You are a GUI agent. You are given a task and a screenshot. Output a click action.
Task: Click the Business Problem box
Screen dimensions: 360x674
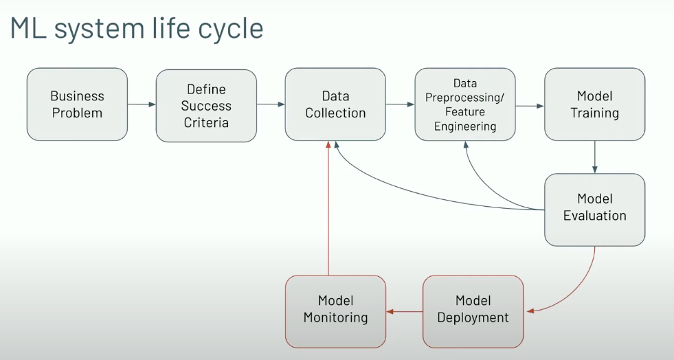[x=77, y=104]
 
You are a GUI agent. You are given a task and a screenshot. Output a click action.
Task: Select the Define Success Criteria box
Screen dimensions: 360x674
[x=206, y=106]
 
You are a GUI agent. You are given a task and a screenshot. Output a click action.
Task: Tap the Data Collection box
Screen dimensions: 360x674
[x=335, y=104]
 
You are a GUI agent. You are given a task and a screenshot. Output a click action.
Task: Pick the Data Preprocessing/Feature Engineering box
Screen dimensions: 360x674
[x=465, y=104]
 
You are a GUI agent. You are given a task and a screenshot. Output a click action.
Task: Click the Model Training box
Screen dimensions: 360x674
[x=594, y=104]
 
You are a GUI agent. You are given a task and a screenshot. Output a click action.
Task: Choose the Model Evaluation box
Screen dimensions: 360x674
[x=594, y=209]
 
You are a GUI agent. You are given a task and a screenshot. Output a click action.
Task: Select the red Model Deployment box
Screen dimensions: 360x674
[x=473, y=311]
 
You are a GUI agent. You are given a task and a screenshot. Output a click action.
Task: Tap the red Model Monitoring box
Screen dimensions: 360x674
[x=335, y=311]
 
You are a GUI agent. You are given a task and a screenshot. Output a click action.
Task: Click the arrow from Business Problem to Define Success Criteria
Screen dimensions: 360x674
[x=142, y=104]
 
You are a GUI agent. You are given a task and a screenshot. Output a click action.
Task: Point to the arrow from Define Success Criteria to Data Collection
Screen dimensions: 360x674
[x=271, y=104]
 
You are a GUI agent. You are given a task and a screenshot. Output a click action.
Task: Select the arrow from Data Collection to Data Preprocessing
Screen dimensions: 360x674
[x=400, y=104]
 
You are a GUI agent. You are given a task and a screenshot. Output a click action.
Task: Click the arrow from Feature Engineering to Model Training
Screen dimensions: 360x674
[x=530, y=106]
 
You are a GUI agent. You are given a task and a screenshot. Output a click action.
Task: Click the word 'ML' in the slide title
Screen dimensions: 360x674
[x=28, y=28]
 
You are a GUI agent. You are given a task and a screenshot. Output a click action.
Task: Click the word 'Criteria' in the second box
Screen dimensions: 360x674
[x=206, y=122]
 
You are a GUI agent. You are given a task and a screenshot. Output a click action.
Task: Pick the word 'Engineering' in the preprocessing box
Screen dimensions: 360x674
[x=465, y=126]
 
